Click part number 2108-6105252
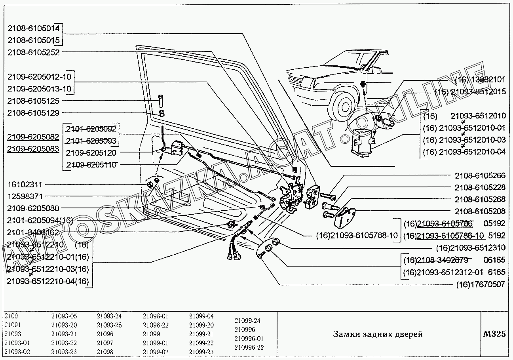pyautogui.click(x=33, y=52)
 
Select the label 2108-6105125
pyautogui.click(x=33, y=101)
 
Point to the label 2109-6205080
pyautogui.click(x=33, y=208)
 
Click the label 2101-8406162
pyautogui.click(x=33, y=232)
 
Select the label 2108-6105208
pyautogui.click(x=480, y=211)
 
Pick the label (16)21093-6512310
pyautogui.click(x=471, y=248)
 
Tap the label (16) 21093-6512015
pyautogui.click(x=470, y=92)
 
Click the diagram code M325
pyautogui.click(x=494, y=334)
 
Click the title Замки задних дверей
pyautogui.click(x=378, y=334)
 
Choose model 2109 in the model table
pyautogui.click(x=11, y=316)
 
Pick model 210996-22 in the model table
pyautogui.click(x=249, y=348)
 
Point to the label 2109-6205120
pyautogui.click(x=91, y=153)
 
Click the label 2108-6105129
pyautogui.click(x=33, y=113)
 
